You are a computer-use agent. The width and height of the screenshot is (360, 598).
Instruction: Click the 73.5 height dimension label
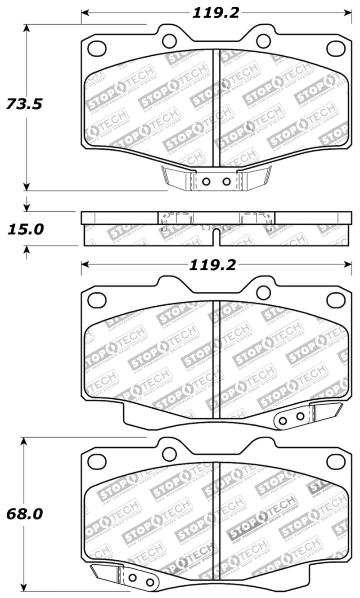pyautogui.click(x=24, y=104)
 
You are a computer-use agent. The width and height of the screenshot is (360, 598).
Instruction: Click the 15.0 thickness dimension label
pyautogui.click(x=25, y=229)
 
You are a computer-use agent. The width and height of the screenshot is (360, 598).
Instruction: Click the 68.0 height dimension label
pyautogui.click(x=24, y=513)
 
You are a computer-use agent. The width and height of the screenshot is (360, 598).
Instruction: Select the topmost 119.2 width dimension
pyautogui.click(x=216, y=13)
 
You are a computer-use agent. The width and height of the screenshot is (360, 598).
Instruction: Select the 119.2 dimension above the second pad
pyautogui.click(x=212, y=265)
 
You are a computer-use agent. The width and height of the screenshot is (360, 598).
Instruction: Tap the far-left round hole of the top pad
pyautogui.click(x=97, y=48)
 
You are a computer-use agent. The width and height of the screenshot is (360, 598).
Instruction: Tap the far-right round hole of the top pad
pyautogui.click(x=335, y=48)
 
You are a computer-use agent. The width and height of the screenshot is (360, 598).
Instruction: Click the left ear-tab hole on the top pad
pyautogui.click(x=169, y=41)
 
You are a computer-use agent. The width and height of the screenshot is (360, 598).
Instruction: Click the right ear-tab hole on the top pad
pyautogui.click(x=263, y=41)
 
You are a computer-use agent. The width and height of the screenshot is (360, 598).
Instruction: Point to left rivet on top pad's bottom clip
pyautogui.click(x=206, y=182)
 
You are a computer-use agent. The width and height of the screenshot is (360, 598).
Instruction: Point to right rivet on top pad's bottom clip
pyautogui.click(x=226, y=182)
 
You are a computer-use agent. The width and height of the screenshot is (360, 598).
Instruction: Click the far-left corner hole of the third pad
pyautogui.click(x=97, y=300)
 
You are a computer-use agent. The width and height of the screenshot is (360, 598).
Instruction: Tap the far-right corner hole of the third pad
pyautogui.click(x=335, y=300)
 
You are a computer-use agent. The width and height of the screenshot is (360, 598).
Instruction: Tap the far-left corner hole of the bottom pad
pyautogui.click(x=97, y=461)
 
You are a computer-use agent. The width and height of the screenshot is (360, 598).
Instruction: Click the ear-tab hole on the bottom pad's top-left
pyautogui.click(x=169, y=454)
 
